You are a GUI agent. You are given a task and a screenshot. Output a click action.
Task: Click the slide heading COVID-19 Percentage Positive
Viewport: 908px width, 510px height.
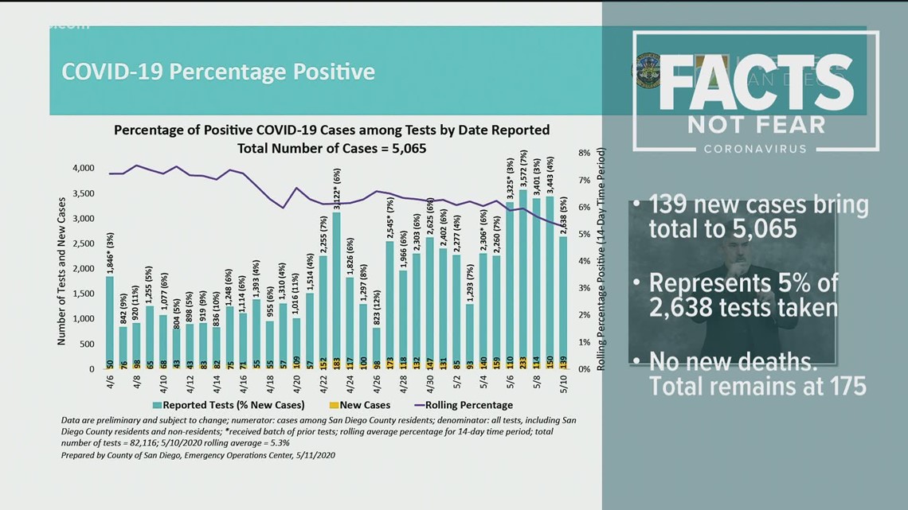(x=218, y=72)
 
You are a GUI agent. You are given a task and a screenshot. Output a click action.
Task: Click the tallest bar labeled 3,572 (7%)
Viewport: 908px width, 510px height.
(x=522, y=278)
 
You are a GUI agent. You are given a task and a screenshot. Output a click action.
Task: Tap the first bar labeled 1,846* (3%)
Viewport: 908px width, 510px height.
(x=109, y=322)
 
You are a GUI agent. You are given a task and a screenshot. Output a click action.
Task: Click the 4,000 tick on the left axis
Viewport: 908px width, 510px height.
(x=82, y=168)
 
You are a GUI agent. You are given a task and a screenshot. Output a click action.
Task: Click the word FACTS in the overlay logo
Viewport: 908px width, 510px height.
(x=753, y=84)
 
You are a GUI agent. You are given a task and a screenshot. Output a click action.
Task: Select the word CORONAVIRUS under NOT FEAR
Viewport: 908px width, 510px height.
(x=754, y=149)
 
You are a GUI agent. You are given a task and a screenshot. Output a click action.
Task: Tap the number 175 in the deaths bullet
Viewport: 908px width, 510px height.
(x=843, y=387)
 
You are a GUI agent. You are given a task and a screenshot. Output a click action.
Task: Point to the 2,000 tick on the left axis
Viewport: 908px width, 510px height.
(x=82, y=268)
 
